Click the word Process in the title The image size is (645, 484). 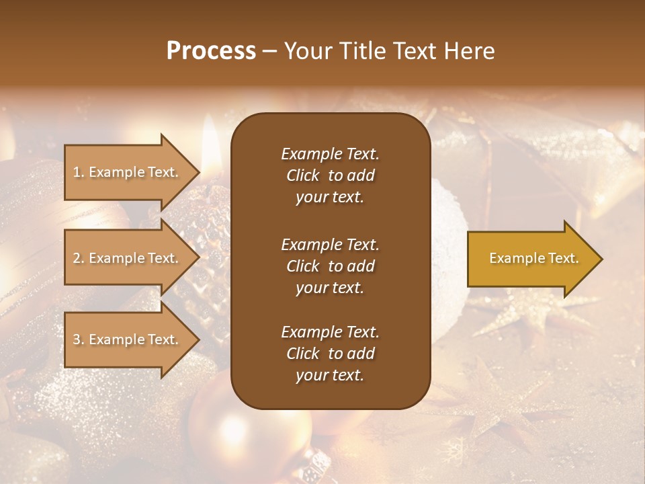point(211,51)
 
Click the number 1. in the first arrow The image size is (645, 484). point(79,173)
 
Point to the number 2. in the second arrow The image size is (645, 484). point(79,259)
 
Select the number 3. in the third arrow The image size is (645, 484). point(79,340)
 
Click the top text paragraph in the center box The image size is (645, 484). point(330,175)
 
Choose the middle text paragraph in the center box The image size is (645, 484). point(330,266)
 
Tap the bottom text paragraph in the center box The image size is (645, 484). point(330,354)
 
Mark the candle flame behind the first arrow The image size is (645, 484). point(210,141)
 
